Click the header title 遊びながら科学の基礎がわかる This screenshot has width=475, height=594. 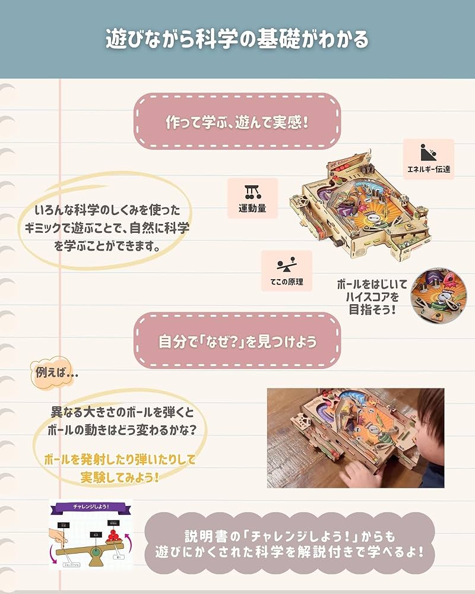click(x=237, y=39)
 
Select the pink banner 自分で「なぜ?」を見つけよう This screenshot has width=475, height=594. click(x=237, y=342)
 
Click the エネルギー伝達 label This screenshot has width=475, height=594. click(x=428, y=169)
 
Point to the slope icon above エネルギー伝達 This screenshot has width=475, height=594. click(x=427, y=152)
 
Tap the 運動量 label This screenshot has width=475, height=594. click(x=252, y=208)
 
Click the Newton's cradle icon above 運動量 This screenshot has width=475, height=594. click(x=252, y=191)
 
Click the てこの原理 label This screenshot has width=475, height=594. click(x=286, y=282)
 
